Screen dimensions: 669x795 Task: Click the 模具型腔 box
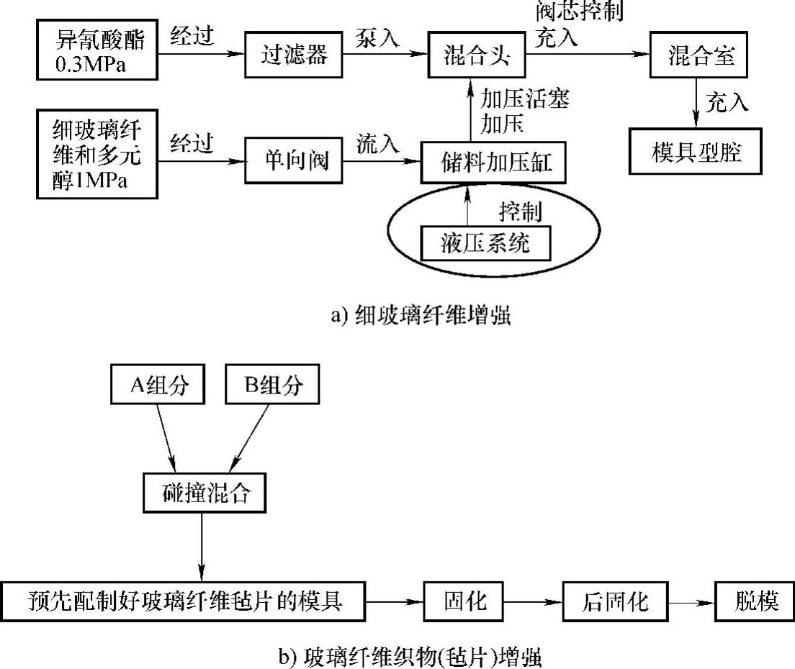pos(695,152)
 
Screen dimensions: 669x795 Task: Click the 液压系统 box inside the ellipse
pos(485,243)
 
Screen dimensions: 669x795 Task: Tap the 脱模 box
pos(754,600)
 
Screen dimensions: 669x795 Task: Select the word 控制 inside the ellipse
pos(520,212)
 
